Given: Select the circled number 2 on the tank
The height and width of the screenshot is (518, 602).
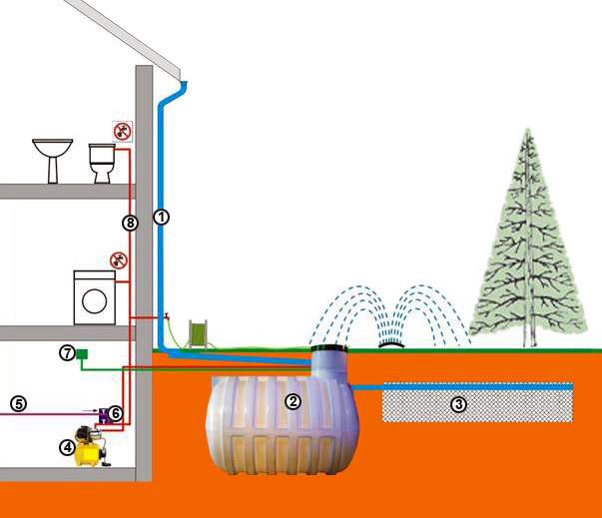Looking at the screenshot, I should coord(293,401).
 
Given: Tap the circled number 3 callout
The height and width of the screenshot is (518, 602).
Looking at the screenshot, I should coord(458,404).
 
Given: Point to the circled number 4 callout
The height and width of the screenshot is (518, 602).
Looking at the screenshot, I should coord(68,448).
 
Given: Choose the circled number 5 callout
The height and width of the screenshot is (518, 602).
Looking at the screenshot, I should coord(17,403).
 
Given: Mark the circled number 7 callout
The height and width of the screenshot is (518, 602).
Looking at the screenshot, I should coord(66,353).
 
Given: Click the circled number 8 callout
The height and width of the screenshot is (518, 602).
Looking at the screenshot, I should coord(128,223).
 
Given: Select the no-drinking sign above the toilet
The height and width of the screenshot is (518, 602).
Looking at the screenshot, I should coord(122,130).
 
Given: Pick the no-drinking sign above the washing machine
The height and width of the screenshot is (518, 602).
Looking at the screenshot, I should coord(119,260).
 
